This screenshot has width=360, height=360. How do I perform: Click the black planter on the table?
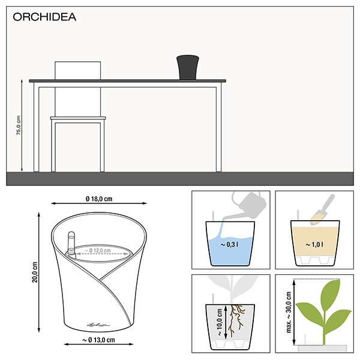click(x=187, y=67)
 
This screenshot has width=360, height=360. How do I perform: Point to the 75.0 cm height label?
click(x=18, y=125)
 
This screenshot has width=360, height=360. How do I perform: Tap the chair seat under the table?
click(x=78, y=119)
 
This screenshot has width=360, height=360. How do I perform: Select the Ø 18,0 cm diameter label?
click(x=98, y=199)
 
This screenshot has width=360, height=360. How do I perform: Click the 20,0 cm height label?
click(x=35, y=271)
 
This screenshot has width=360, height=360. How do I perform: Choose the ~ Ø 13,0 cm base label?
click(x=98, y=340)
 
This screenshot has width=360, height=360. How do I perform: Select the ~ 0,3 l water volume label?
click(x=230, y=245)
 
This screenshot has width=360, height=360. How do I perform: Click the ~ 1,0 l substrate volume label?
click(x=313, y=245)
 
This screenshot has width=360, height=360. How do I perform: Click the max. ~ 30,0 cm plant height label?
click(x=290, y=312)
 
